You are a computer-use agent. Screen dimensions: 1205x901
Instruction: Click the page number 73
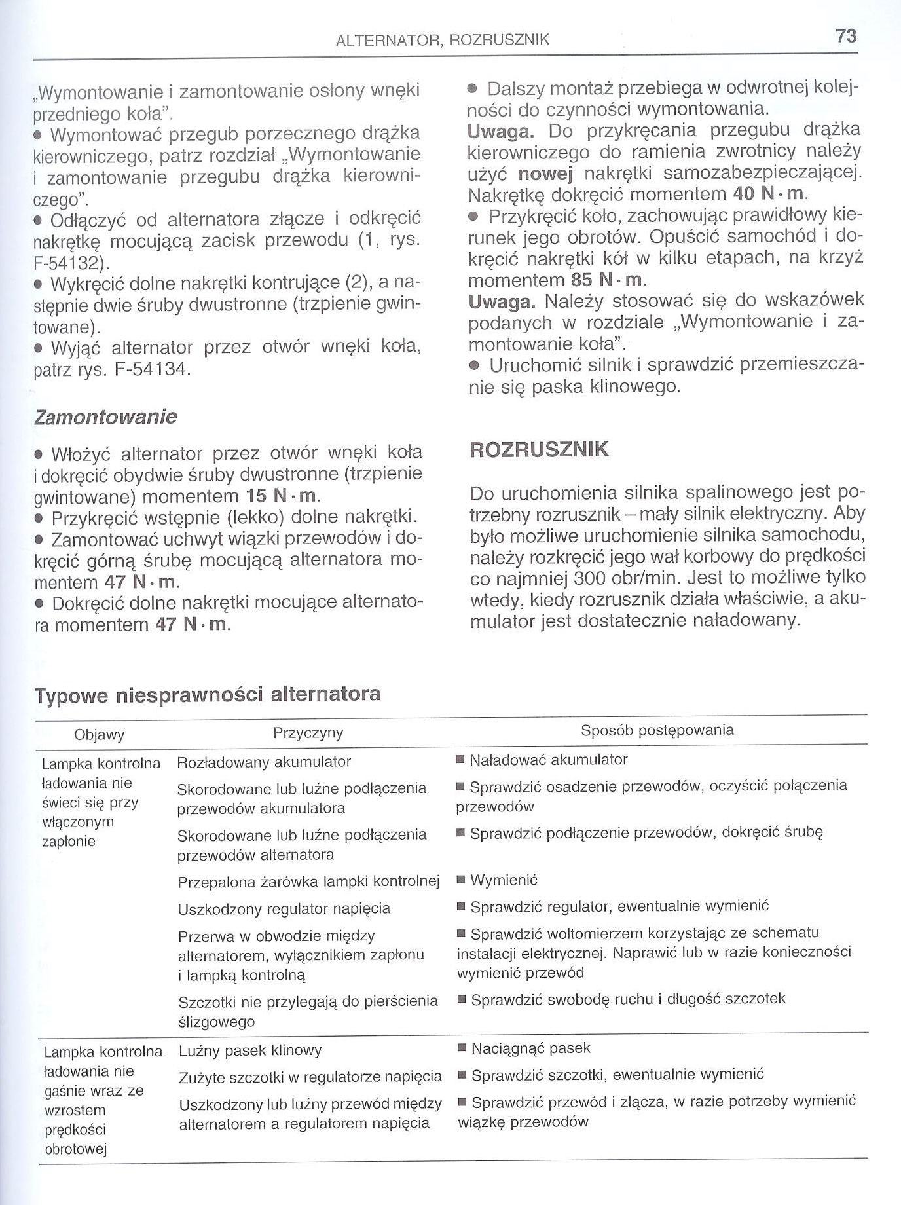pyautogui.click(x=846, y=36)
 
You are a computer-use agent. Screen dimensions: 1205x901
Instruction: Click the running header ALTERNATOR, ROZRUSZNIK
pyautogui.click(x=442, y=40)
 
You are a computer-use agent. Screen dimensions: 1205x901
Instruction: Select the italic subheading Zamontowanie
pyautogui.click(x=105, y=417)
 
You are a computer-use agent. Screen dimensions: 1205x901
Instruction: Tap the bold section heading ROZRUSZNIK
pyautogui.click(x=540, y=450)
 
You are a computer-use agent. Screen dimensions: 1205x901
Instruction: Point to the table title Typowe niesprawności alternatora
pyautogui.click(x=208, y=694)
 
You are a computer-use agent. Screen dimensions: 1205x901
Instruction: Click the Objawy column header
pyautogui.click(x=100, y=735)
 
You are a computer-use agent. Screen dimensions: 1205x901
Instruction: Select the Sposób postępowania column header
pyautogui.click(x=657, y=730)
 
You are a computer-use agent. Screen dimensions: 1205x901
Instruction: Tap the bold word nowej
pyautogui.click(x=545, y=174)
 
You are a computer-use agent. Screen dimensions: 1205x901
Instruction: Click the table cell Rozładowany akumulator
pyautogui.click(x=264, y=762)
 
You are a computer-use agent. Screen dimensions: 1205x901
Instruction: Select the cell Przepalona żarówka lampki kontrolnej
pyautogui.click(x=308, y=882)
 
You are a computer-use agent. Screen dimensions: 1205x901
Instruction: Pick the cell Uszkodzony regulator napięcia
pyautogui.click(x=284, y=909)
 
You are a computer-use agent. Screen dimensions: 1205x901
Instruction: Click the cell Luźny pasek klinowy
pyautogui.click(x=251, y=1051)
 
